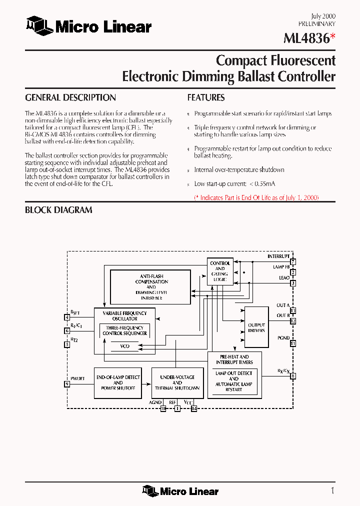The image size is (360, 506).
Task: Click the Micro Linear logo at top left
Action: point(88,26)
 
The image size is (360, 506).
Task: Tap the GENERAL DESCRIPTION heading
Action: point(70,97)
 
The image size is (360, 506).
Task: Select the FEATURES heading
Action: point(206,97)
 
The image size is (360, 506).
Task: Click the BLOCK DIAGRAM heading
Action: point(58,210)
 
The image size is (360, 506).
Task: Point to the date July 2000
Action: point(323,16)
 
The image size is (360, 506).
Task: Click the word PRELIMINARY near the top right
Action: point(317,23)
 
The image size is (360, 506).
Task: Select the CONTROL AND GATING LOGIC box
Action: point(220,271)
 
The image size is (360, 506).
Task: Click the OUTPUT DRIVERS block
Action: point(256,327)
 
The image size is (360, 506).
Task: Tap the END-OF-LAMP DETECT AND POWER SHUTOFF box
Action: point(118,383)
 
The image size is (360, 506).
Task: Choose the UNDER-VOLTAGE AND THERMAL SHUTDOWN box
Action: point(177,383)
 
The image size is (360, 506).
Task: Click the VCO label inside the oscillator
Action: point(125,345)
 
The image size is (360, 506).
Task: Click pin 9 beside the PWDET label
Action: point(67,384)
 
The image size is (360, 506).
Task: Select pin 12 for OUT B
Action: point(293,321)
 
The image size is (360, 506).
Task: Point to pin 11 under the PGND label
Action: point(293,343)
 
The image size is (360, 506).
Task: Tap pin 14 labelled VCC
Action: point(194,408)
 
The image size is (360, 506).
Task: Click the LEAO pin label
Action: point(284,278)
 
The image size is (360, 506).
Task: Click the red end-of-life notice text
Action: point(256,198)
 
